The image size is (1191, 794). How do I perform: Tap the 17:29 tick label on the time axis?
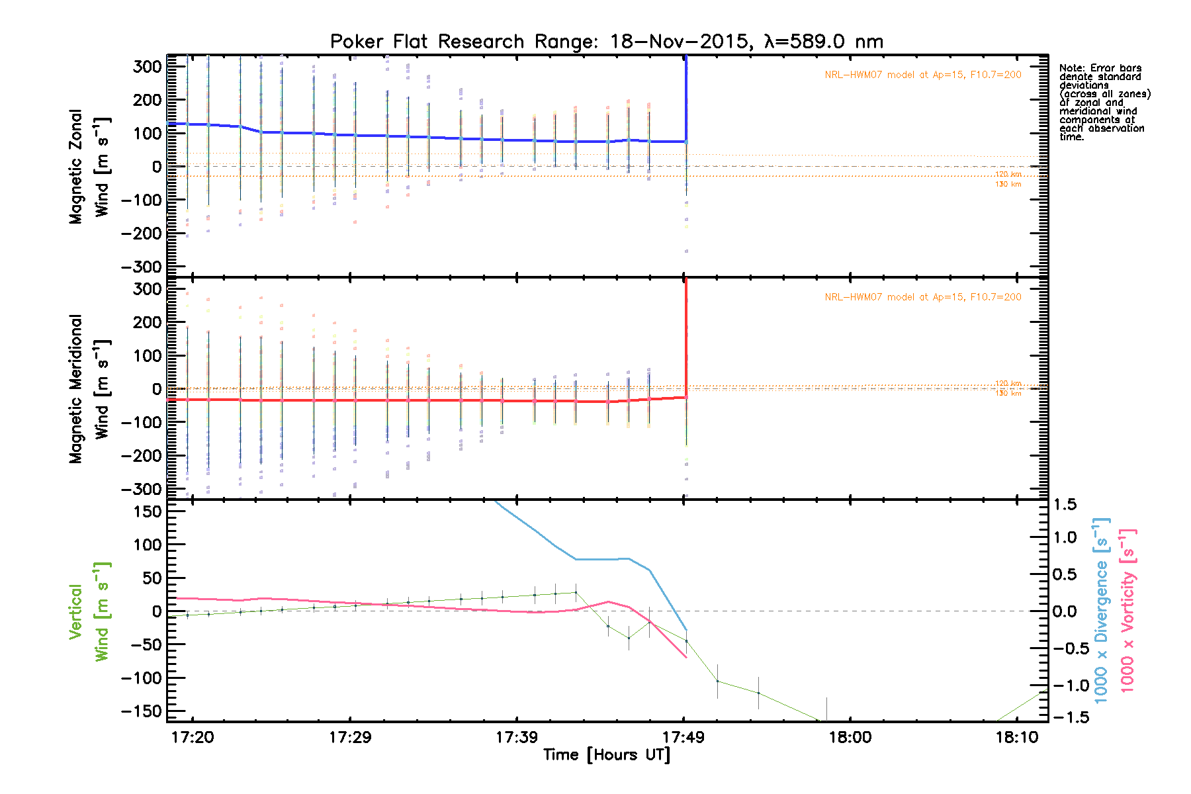coord(350,737)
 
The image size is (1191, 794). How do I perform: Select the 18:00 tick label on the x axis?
coord(850,737)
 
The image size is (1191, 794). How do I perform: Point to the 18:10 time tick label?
coord(1017,737)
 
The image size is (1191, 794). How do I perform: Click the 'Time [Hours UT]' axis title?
coord(607,755)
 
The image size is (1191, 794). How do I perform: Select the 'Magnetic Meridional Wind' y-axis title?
coord(90,389)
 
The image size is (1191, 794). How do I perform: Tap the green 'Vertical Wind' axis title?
coord(90,611)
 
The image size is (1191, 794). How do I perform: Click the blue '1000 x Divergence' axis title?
coord(1101,611)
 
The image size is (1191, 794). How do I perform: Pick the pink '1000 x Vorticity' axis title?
coord(1127,611)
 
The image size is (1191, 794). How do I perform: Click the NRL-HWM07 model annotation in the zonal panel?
coord(922,75)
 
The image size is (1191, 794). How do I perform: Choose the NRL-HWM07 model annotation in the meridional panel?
coord(922,297)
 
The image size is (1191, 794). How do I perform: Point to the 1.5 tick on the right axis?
coord(1065,505)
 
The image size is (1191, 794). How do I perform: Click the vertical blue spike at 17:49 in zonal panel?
coord(686,99)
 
